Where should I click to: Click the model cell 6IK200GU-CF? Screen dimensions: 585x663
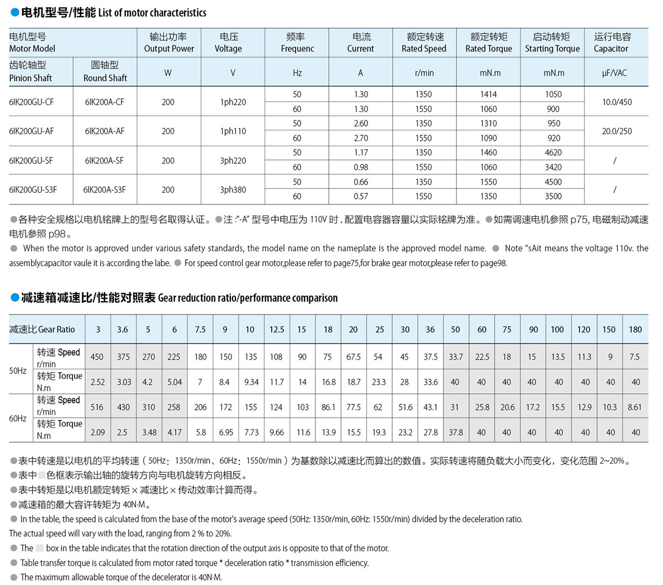[x=31, y=102]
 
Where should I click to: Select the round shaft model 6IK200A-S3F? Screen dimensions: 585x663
[x=104, y=189]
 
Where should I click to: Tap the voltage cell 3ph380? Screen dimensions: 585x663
[x=233, y=189]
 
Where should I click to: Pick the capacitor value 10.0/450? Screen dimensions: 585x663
[x=617, y=102]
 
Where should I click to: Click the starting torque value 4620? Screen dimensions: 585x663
[x=553, y=152]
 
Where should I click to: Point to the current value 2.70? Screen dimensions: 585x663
[x=361, y=138]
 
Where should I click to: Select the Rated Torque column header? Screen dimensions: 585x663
[x=489, y=43]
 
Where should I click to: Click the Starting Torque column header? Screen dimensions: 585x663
[x=552, y=43]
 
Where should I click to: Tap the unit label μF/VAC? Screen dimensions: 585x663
[x=614, y=73]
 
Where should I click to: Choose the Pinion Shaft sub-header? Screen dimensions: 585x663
[x=30, y=72]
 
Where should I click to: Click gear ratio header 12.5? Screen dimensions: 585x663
[x=277, y=329]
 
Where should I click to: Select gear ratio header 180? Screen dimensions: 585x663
[x=635, y=329]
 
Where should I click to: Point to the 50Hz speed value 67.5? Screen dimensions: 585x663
[x=354, y=357]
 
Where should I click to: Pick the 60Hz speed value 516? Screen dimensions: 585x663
[x=97, y=407]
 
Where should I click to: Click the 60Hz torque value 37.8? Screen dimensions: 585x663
[x=456, y=432]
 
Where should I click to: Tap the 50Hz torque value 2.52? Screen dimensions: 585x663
[x=98, y=382]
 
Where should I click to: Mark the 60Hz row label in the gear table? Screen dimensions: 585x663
[x=18, y=418]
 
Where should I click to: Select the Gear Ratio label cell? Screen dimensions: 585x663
[x=43, y=329]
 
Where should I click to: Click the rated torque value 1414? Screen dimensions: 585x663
[x=488, y=94]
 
